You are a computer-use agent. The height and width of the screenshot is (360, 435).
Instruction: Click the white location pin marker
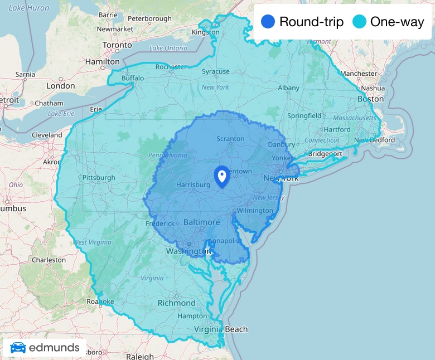[222, 176]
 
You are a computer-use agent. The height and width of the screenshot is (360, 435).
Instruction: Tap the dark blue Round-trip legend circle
[268, 22]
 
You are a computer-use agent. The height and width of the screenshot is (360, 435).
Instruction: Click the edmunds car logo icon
[18, 348]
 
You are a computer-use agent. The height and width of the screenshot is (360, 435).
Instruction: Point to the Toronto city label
[117, 45]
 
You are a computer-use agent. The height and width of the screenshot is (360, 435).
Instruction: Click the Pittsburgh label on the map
[98, 178]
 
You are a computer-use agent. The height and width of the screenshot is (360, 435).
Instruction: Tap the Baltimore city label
[201, 222]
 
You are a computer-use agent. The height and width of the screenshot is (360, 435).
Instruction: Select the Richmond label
[177, 303]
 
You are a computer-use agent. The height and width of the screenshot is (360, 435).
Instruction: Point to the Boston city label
[371, 99]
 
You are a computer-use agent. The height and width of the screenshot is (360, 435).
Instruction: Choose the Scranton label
[230, 139]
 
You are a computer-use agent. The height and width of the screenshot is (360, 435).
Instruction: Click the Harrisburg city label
[191, 184]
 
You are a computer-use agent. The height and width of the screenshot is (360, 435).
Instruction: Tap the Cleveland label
[47, 135]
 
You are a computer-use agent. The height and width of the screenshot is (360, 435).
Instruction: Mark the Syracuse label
[215, 72]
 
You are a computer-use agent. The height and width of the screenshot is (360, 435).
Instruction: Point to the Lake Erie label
[61, 114]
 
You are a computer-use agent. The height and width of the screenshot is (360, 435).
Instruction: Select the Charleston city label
[49, 260]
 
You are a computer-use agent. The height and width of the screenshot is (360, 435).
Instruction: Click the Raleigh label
[140, 356]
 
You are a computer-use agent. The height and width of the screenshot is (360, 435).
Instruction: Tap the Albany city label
[288, 87]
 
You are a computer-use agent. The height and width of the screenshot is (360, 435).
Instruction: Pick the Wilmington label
[254, 211]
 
